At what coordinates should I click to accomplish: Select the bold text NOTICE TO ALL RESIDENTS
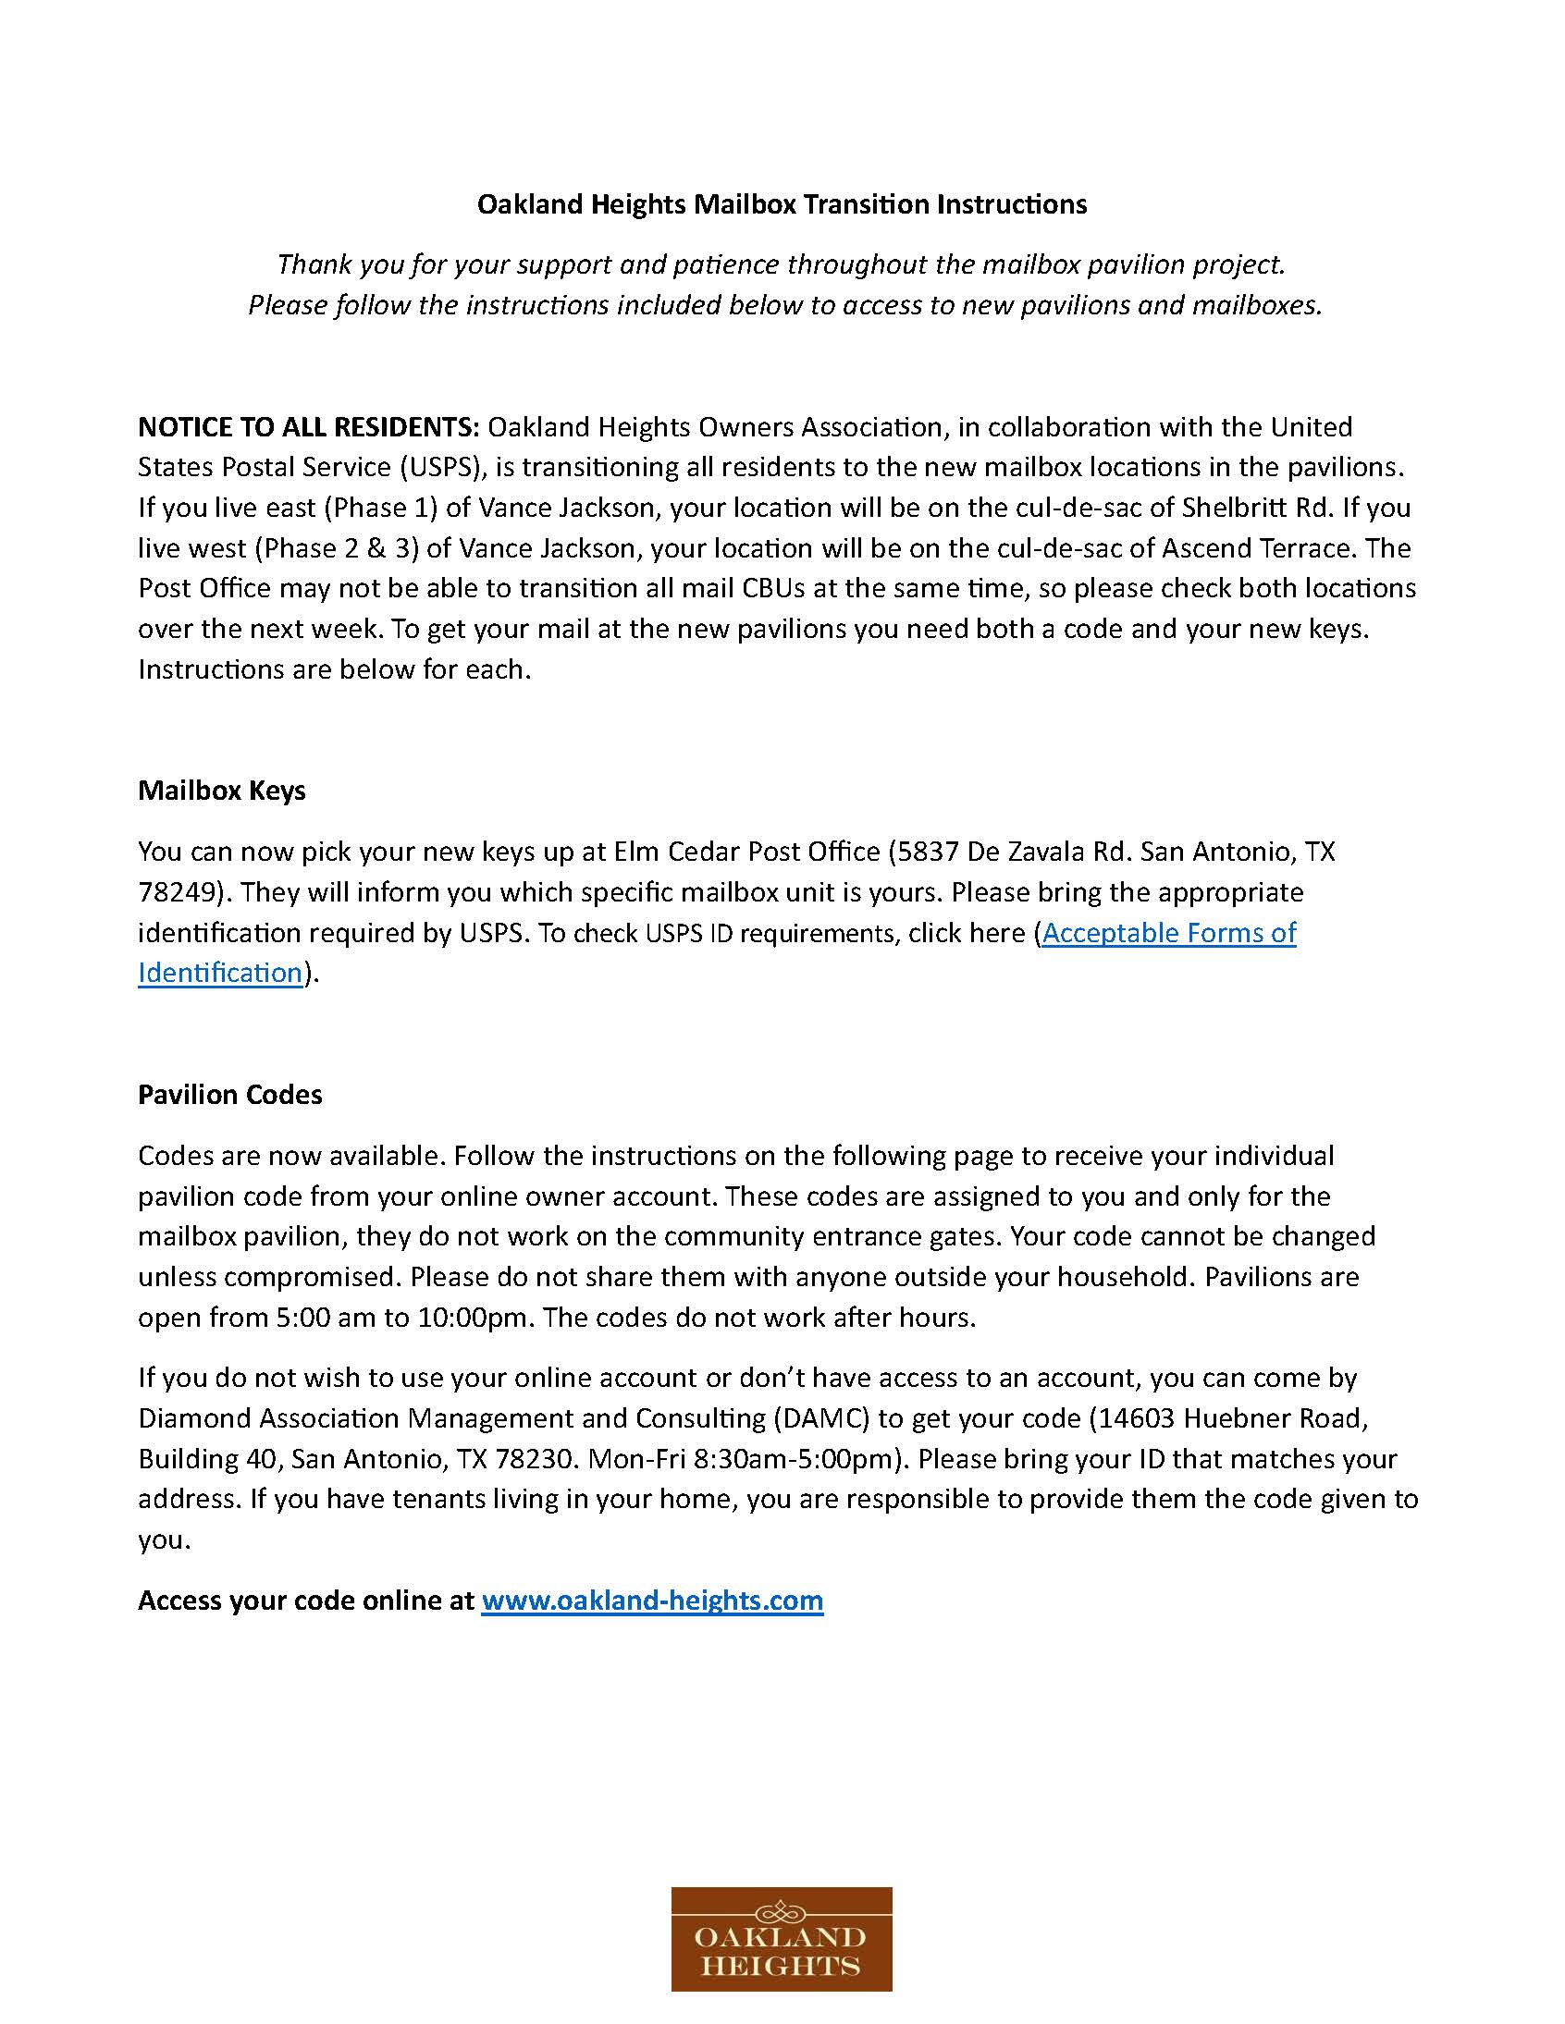[x=308, y=427]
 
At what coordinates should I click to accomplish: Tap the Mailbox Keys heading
[x=222, y=791]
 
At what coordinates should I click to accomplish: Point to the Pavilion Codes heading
[x=230, y=1095]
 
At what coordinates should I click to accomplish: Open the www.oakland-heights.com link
[x=652, y=1601]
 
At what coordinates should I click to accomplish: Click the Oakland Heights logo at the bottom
[x=781, y=1939]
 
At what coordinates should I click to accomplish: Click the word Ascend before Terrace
[x=1206, y=548]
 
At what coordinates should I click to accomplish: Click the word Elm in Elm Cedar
[x=637, y=852]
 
